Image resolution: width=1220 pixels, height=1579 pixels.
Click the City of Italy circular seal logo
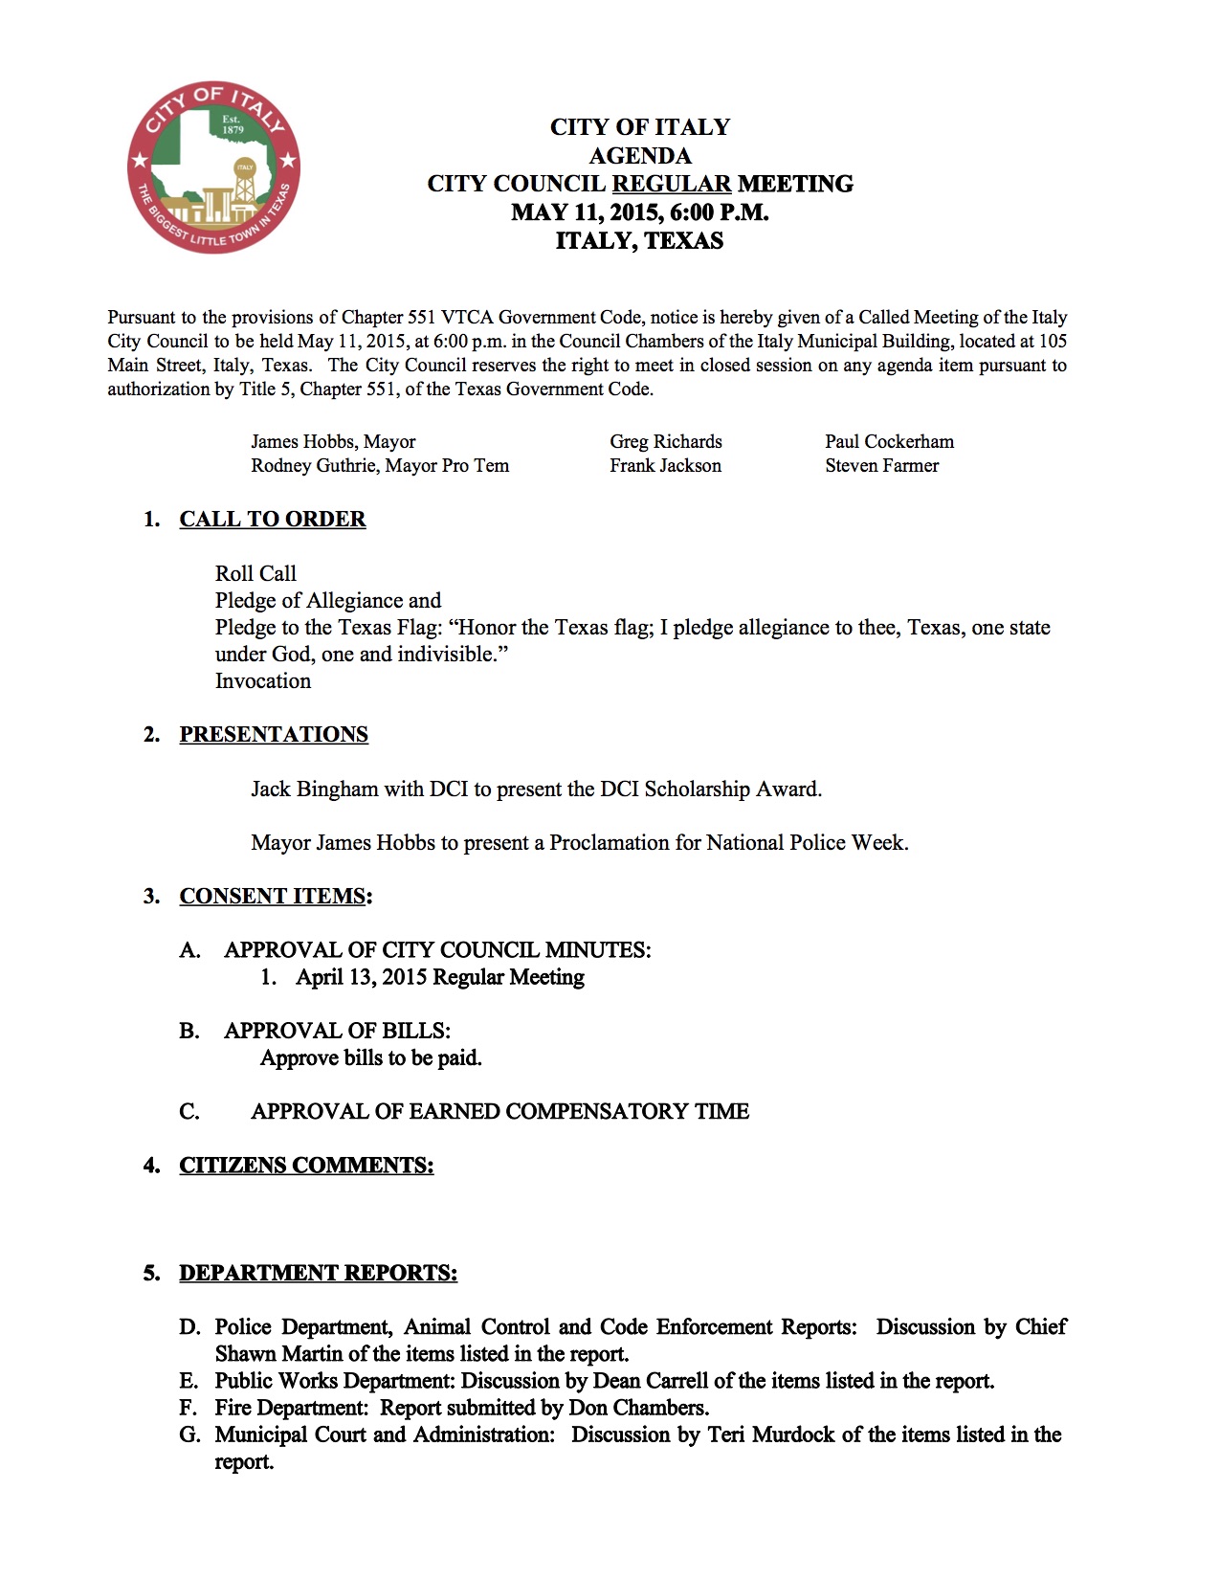(213, 167)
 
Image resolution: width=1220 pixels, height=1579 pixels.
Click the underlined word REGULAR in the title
(671, 184)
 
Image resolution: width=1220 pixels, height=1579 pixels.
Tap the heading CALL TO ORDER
(273, 519)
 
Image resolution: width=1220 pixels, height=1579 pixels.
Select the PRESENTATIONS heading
(274, 734)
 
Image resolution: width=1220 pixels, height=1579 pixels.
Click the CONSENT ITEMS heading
(274, 896)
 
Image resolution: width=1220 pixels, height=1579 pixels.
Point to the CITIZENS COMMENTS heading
(306, 1165)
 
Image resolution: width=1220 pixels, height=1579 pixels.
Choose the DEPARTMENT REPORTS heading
(318, 1273)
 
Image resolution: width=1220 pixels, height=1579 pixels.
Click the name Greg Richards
(666, 441)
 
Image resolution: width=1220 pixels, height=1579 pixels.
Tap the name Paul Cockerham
(889, 441)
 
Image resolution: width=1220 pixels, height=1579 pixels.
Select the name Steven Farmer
(881, 465)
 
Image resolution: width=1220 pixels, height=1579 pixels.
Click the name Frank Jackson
(665, 465)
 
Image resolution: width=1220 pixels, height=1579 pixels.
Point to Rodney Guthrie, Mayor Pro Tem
(380, 465)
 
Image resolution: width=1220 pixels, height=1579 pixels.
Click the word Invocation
(263, 680)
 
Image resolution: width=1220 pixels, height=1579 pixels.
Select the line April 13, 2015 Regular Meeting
(439, 977)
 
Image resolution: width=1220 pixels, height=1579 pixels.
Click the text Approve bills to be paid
(370, 1057)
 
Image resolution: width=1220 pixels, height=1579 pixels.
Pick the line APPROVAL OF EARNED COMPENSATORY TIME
(499, 1111)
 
